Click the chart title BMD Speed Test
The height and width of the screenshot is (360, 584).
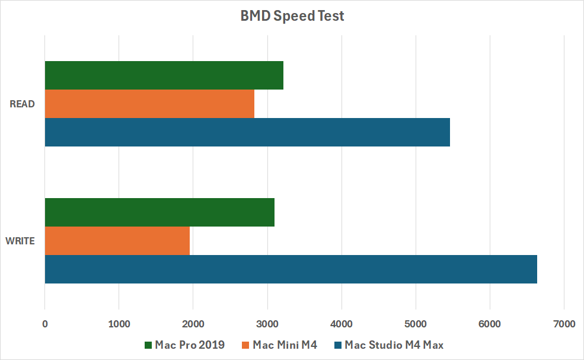coord(292,16)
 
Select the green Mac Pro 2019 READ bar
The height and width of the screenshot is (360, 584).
coord(164,75)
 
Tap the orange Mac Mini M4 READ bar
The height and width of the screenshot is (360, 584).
coord(149,104)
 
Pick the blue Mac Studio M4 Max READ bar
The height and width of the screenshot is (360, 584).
coord(247,132)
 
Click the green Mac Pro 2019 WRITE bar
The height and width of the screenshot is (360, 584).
coord(159,212)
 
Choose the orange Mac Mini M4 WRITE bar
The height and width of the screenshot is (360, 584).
coord(117,241)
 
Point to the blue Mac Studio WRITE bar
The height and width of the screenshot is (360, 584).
coord(291,269)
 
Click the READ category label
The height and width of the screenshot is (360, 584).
coord(23,104)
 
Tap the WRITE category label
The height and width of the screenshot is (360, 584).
coord(20,241)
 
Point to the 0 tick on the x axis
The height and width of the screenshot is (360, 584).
coord(45,324)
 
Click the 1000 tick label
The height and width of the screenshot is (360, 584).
coord(119,324)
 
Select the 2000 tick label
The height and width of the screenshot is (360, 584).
coord(193,324)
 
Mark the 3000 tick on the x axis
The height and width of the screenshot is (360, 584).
coord(267,324)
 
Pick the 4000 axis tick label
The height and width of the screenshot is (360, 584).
coord(342,324)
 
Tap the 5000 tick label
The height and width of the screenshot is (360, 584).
coord(416,324)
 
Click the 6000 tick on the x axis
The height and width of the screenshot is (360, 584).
coord(490,324)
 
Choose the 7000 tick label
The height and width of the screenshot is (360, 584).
coord(564,324)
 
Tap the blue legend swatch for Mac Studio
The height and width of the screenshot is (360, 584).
coord(339,345)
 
